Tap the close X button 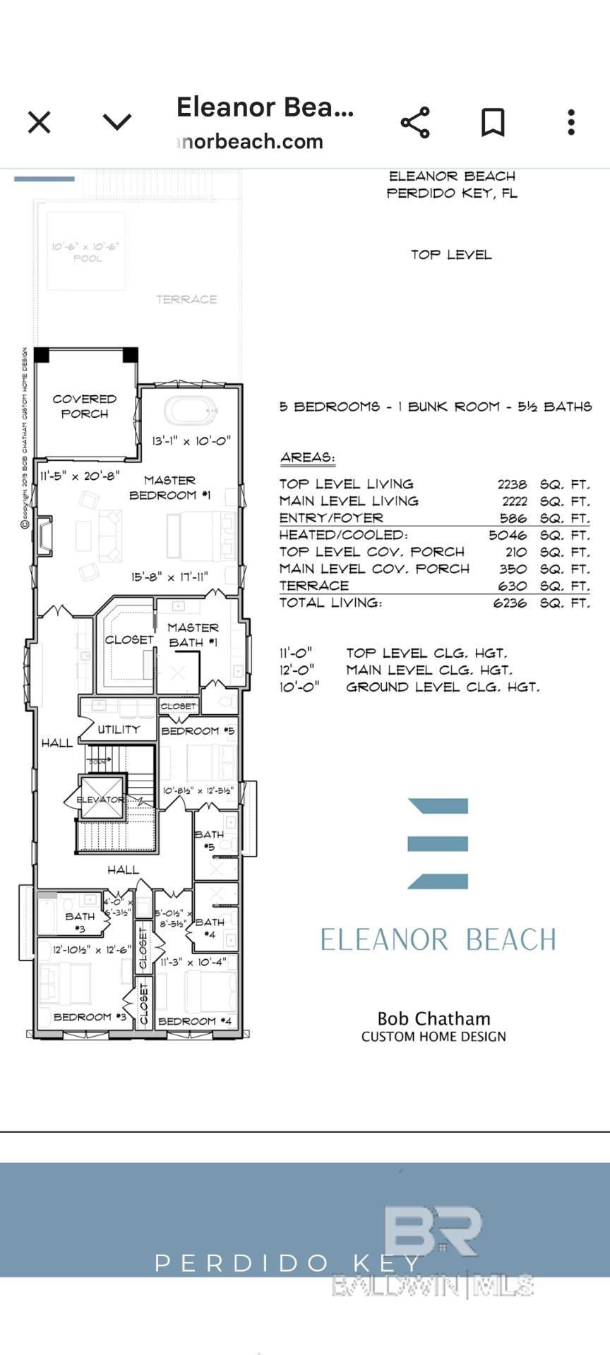pos(40,122)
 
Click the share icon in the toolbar pos(415,122)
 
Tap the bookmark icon pos(493,122)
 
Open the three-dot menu pos(571,122)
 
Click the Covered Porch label pos(84,406)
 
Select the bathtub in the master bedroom pos(191,411)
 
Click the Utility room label pos(118,729)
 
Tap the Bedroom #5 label pos(198,730)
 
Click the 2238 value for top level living pos(512,484)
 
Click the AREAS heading pos(307,457)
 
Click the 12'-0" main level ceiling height pos(297,670)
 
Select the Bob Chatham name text pos(433,1018)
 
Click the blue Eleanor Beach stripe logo pos(438,843)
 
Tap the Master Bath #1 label pos(193,634)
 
